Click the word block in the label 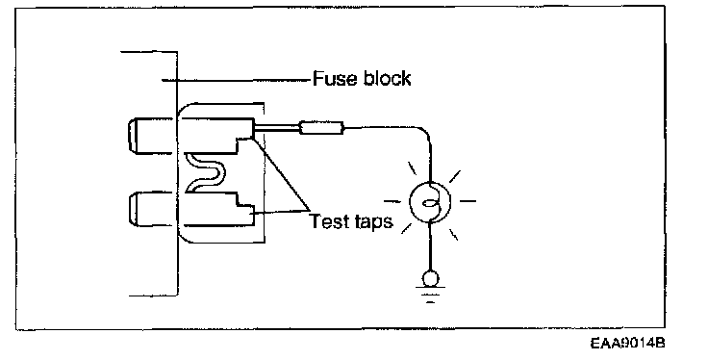click(388, 78)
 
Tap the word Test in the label click(329, 220)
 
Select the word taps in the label click(374, 222)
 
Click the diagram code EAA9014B click(627, 343)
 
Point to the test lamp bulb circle click(430, 202)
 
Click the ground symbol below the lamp click(430, 294)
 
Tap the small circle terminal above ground click(430, 278)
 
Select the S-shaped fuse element click(205, 173)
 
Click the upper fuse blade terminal click(151, 136)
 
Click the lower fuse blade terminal click(151, 209)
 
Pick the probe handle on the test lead click(322, 128)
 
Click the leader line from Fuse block click(237, 81)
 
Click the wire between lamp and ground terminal click(430, 246)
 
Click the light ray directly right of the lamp click(468, 201)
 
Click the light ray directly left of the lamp click(392, 201)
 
